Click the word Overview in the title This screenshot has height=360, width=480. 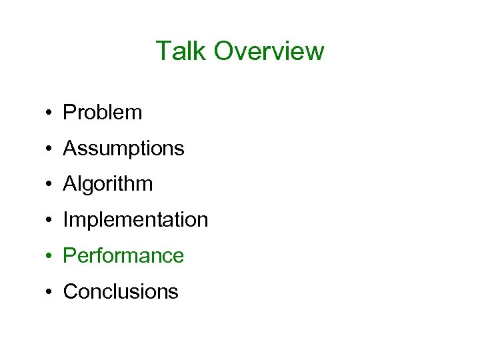pos(269,51)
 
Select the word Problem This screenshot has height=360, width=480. pos(102,113)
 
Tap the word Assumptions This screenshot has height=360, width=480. pos(123,149)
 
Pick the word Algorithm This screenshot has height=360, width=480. pos(107,185)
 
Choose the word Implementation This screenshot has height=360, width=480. pos(135,220)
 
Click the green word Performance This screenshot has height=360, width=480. pos(123,256)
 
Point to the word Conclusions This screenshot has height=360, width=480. pos(121,292)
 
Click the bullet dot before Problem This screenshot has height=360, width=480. pos(50,113)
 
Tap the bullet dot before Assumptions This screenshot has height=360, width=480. pos(50,149)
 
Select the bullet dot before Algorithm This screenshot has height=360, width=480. pos(50,185)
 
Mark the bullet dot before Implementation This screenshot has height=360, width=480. pos(50,221)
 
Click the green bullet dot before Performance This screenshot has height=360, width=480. pos(50,257)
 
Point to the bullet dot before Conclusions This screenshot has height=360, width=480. pos(50,293)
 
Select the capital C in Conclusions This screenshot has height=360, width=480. pos(70,292)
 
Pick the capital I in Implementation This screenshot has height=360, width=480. pos(65,220)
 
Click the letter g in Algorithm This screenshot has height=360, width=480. pos(87,187)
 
